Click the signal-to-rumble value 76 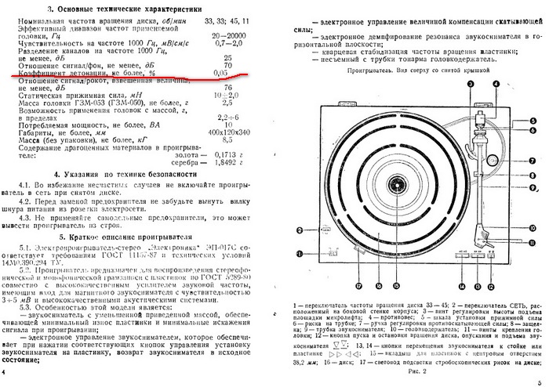(x=227, y=88)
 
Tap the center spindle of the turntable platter (x=397, y=185)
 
